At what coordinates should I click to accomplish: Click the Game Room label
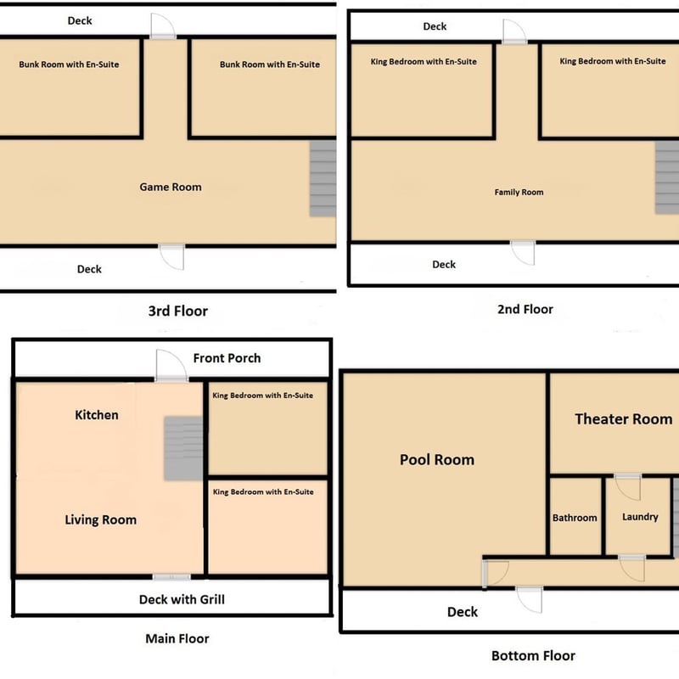(x=171, y=187)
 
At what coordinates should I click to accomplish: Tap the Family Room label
(x=519, y=193)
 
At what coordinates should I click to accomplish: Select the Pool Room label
(x=437, y=459)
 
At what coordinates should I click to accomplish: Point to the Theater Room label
(x=624, y=418)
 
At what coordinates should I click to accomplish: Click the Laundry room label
(x=640, y=517)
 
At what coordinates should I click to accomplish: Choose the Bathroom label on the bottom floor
(x=575, y=518)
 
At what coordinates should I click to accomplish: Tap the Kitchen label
(x=97, y=415)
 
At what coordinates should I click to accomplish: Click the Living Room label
(x=100, y=519)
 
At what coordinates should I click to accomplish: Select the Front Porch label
(x=227, y=358)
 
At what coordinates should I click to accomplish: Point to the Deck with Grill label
(x=182, y=599)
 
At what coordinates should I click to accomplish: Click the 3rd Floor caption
(x=178, y=311)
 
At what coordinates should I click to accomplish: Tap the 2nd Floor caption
(x=525, y=309)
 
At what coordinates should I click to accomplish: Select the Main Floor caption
(x=177, y=638)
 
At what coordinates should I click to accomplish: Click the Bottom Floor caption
(x=534, y=655)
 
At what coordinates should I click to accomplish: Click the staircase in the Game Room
(x=323, y=178)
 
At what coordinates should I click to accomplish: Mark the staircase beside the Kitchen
(x=183, y=449)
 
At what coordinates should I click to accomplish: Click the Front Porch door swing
(x=171, y=366)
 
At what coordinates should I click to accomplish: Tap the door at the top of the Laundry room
(x=627, y=487)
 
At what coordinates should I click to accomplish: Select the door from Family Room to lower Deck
(x=523, y=253)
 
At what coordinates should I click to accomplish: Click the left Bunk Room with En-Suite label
(x=69, y=65)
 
